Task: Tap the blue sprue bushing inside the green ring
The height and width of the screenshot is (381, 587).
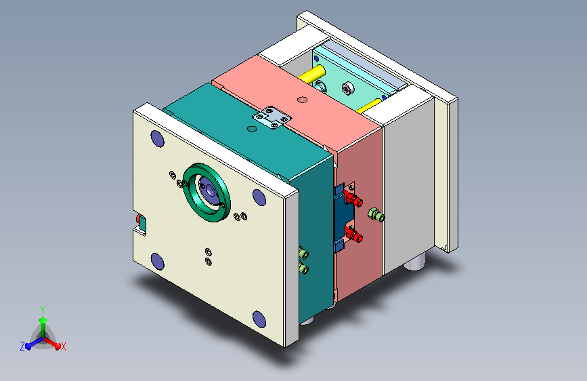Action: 208,190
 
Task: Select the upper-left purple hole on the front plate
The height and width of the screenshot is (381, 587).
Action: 157,138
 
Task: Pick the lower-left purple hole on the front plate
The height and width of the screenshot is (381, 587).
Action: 157,262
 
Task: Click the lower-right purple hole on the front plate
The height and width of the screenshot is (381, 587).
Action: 259,319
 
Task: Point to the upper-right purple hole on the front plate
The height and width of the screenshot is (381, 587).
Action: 259,197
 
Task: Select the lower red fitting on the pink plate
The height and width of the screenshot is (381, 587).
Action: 353,235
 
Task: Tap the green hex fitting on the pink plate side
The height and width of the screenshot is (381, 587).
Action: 376,215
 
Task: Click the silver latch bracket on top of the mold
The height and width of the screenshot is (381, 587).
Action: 272,117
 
